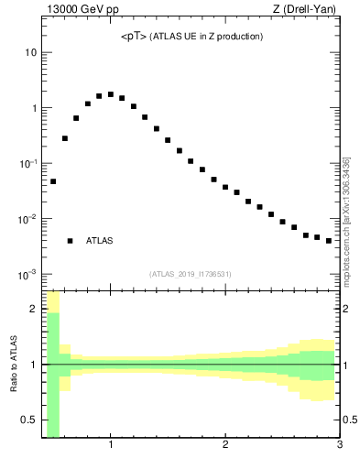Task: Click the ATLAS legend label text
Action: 100,241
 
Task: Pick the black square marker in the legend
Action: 70,241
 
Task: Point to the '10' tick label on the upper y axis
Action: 30,52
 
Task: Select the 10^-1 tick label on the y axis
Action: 28,163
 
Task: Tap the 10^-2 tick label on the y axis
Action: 28,219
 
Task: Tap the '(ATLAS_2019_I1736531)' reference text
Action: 190,274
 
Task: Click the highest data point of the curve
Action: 111,94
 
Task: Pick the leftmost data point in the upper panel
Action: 53,181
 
